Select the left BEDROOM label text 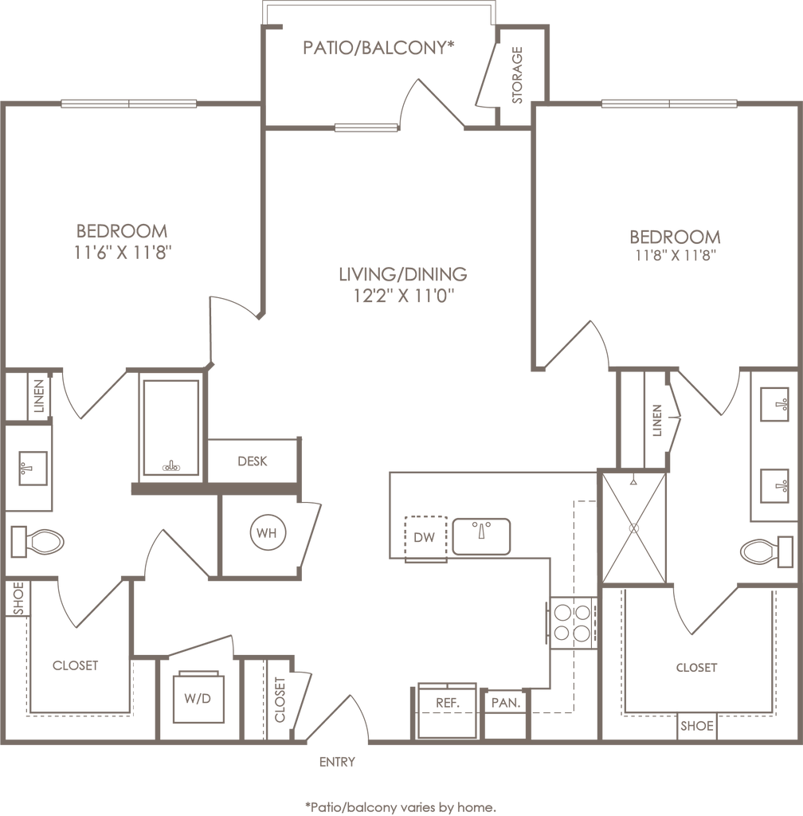123,231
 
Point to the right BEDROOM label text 676,237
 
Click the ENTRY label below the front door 338,761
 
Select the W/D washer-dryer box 198,699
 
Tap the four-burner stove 571,623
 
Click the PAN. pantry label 505,703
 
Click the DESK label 253,461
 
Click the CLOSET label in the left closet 76,665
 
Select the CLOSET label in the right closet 696,668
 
